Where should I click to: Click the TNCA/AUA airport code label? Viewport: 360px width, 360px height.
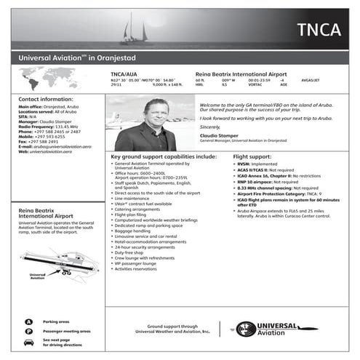(124, 74)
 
